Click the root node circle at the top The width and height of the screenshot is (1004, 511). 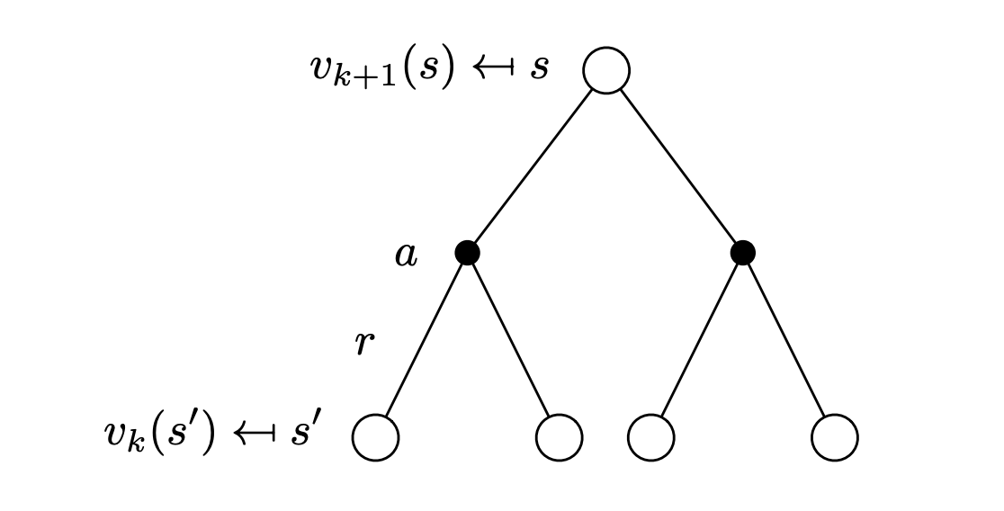click(x=605, y=70)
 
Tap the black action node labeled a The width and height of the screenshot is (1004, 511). click(x=467, y=253)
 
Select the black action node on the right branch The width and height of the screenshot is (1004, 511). click(x=742, y=253)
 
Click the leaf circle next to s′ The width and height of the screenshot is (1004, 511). click(x=374, y=438)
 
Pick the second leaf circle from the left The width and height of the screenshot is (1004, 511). click(x=559, y=438)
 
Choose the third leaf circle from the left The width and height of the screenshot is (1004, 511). click(x=651, y=438)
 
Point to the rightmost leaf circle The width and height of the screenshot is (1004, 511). click(x=835, y=438)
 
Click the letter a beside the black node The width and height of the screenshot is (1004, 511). click(x=406, y=255)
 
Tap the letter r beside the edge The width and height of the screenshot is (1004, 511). click(x=363, y=343)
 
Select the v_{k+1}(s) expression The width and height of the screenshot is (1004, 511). click(x=379, y=69)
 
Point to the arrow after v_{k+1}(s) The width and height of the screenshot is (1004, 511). click(x=491, y=68)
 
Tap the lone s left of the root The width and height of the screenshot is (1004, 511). click(x=538, y=69)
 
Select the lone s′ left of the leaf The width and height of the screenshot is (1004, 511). click(x=307, y=435)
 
